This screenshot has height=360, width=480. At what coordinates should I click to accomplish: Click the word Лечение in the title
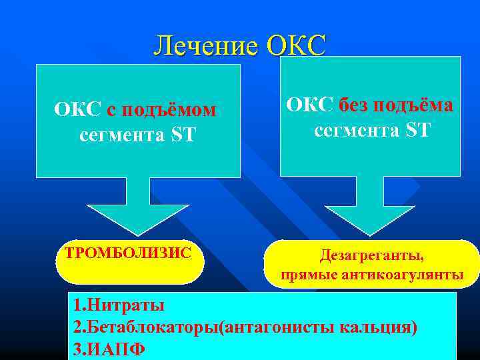tap(207, 45)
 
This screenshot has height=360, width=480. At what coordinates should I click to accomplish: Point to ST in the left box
tap(183, 135)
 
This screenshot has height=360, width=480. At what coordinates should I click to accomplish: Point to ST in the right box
tap(417, 129)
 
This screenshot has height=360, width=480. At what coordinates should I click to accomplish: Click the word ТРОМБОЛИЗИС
tap(128, 253)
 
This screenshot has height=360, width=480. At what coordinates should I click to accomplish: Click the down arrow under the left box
tap(139, 207)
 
